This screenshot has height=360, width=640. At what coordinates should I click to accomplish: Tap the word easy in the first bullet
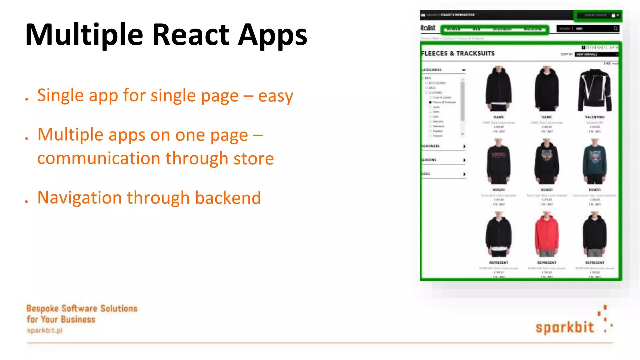point(275,96)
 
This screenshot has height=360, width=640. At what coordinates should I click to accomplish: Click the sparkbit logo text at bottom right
point(565,327)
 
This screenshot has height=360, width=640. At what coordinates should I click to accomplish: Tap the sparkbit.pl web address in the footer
point(45,330)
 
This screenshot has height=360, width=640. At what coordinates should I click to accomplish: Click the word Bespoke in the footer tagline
point(42,308)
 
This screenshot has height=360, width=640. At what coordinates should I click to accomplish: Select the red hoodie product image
point(547,233)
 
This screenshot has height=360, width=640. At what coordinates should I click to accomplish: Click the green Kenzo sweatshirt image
point(594,161)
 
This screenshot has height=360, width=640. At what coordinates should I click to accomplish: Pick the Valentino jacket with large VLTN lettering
point(594,89)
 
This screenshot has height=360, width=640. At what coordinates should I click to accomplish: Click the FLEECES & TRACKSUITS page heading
point(458,53)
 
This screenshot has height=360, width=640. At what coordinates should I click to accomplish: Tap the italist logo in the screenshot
point(428,28)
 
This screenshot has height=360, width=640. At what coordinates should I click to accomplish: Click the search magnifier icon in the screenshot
point(615,29)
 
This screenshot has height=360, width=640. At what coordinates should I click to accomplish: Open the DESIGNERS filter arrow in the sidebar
point(464,146)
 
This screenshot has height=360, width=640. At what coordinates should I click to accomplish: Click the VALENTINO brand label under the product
point(594,117)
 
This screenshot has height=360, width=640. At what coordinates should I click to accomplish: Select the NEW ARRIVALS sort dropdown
point(596,54)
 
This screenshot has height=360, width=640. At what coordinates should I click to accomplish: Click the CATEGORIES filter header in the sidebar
point(432,70)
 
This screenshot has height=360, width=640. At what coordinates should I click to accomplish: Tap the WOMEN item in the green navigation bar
point(453,29)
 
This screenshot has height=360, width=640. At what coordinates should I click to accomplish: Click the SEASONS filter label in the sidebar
point(429,160)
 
